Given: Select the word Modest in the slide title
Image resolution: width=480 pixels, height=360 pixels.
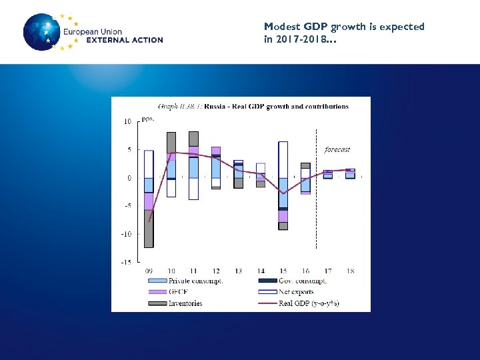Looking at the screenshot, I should click(x=280, y=27).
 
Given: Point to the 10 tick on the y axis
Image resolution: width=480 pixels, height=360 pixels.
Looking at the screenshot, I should click(x=127, y=121).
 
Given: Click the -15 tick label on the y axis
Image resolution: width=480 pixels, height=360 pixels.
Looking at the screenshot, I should click(x=125, y=262).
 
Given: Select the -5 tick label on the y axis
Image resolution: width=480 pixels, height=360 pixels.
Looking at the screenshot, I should click(x=126, y=206).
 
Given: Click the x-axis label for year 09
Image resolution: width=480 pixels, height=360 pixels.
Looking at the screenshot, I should click(x=149, y=271).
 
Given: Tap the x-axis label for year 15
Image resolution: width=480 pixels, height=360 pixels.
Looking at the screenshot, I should click(x=283, y=271).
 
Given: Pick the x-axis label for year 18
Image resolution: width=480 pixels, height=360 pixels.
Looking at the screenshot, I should click(x=350, y=271).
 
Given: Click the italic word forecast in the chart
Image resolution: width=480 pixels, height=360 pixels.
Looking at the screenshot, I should click(x=337, y=149).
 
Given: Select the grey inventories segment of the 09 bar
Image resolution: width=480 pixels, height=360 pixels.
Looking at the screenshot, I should click(x=149, y=229).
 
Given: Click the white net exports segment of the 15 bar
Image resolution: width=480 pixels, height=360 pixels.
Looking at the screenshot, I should click(x=283, y=159).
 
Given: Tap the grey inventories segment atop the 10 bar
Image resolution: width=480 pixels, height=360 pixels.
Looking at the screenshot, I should click(x=171, y=142).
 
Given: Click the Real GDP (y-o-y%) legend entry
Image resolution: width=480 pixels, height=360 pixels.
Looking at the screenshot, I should click(x=309, y=303).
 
